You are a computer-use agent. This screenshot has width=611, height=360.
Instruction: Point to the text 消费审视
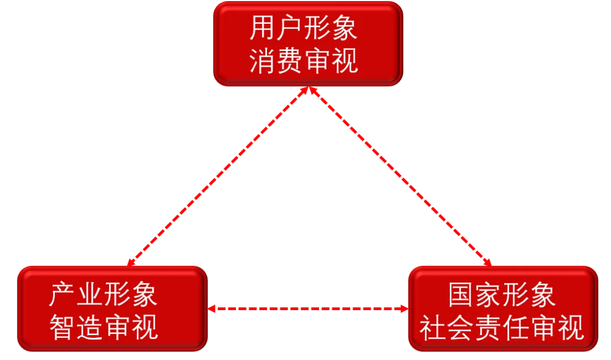[x=303, y=61]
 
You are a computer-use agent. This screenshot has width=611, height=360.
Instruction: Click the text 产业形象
[x=103, y=295]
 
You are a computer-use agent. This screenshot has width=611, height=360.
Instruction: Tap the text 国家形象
[x=502, y=295]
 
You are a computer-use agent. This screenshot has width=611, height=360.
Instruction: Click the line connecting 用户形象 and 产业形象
[x=218, y=175]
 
